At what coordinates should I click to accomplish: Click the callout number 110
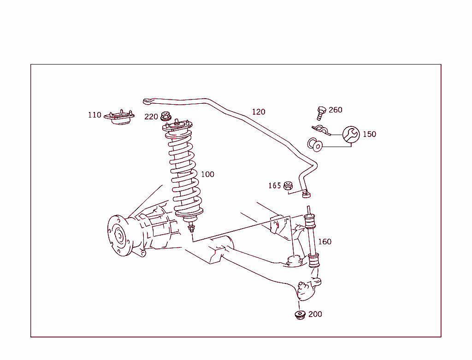94,115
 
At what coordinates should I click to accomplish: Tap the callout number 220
151,117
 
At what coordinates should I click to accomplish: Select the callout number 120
259,112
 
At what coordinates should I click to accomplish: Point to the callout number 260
336,110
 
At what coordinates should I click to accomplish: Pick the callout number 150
369,134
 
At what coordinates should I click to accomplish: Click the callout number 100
207,174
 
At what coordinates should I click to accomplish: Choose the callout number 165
275,186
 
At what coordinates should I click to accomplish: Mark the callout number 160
324,242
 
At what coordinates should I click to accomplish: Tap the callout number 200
315,314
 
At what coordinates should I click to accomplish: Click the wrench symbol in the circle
351,134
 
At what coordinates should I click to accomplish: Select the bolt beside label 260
321,111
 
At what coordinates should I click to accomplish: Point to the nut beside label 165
289,186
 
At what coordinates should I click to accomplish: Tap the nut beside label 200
301,315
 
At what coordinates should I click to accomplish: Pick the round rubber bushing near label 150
316,145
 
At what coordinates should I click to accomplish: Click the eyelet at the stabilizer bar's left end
147,100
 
